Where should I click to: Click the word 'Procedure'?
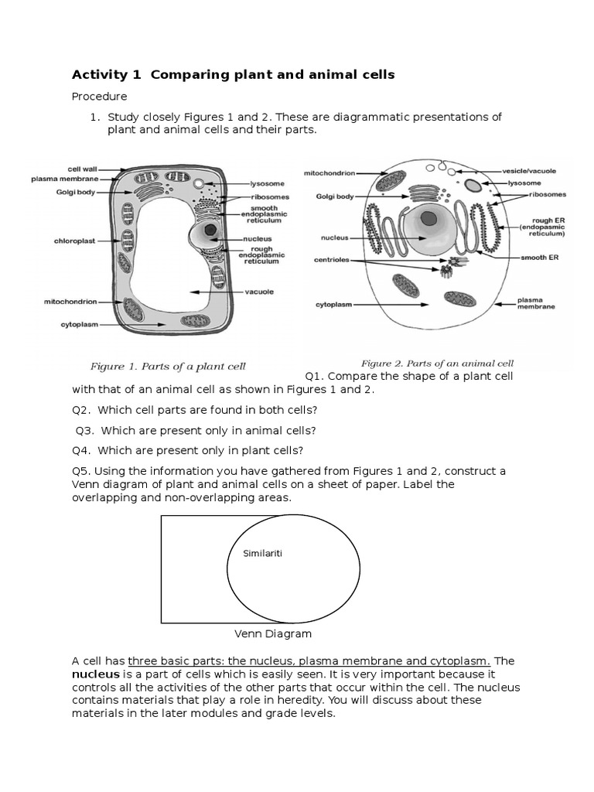99,97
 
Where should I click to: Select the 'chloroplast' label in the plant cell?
74,241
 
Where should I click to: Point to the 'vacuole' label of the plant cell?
258,292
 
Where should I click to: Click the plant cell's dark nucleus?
210,230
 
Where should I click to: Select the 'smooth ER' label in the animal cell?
539,257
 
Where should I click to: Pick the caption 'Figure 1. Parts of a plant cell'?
168,366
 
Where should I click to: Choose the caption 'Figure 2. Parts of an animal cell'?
437,363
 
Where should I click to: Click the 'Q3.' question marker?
85,431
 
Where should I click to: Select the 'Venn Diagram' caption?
273,633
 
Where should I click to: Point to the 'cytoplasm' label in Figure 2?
333,305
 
